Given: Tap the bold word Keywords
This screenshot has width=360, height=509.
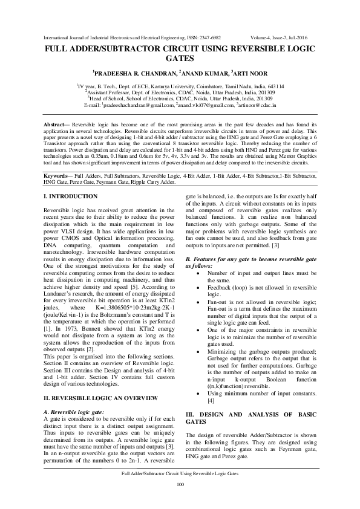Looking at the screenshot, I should [58, 175].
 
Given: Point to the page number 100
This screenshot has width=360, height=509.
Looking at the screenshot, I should [180, 485].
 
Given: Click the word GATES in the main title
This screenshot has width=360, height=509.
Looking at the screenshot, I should [180, 59].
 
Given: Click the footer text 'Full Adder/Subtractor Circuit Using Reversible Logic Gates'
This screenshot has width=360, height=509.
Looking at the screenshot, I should [180, 475].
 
